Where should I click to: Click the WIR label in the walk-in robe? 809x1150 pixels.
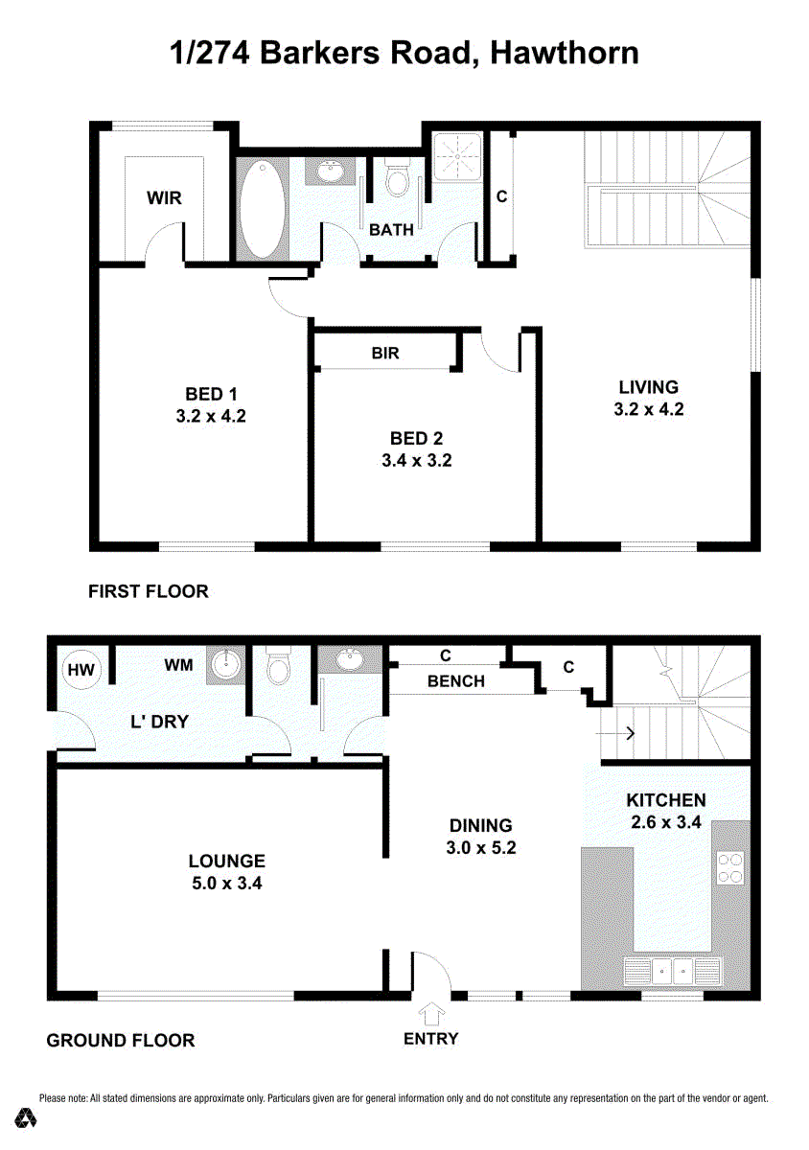[x=164, y=197]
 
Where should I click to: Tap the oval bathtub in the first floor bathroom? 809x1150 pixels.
[x=262, y=211]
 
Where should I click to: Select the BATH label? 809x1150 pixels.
[x=391, y=229]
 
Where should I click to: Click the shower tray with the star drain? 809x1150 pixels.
[x=456, y=156]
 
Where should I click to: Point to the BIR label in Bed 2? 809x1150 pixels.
[x=385, y=353]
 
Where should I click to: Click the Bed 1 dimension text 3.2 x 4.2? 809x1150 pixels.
[x=211, y=416]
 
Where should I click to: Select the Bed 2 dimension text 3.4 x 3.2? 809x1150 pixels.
[x=417, y=460]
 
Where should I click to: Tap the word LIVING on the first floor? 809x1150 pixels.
[x=649, y=386]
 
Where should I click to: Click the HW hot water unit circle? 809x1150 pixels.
[x=81, y=670]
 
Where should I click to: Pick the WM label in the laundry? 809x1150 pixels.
[x=178, y=665]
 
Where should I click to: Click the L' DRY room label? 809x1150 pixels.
[x=160, y=722]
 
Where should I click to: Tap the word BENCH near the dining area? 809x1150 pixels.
[x=456, y=680]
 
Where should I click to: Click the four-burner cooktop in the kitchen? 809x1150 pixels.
[x=729, y=867]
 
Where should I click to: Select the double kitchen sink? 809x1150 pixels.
[x=672, y=971]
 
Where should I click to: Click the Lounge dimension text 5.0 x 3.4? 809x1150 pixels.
[x=227, y=883]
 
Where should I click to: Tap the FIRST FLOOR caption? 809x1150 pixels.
[x=149, y=591]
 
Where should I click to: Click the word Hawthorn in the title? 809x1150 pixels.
[x=565, y=53]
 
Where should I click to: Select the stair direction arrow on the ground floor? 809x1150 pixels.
[x=615, y=732]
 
